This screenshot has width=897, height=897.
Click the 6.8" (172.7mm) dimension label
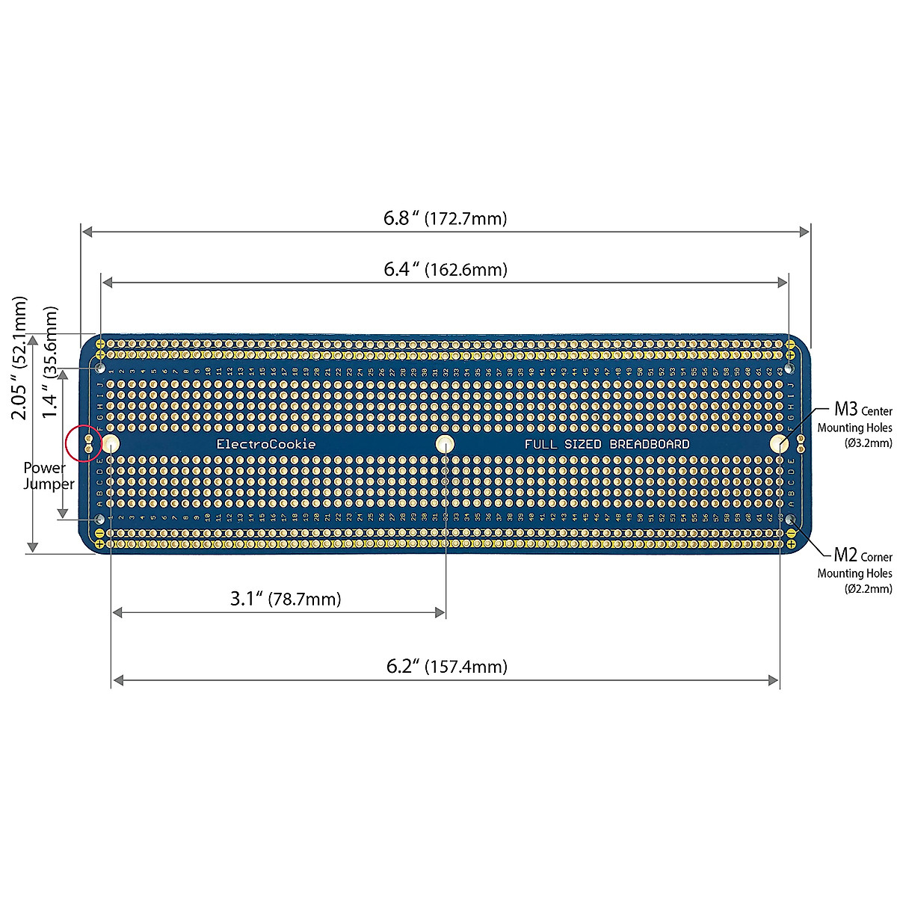click(446, 218)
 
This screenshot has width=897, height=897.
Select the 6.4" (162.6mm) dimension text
click(446, 269)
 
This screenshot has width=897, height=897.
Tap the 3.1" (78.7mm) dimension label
click(286, 599)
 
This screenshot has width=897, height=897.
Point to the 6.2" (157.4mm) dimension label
click(447, 666)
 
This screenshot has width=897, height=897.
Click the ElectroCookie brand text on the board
click(266, 444)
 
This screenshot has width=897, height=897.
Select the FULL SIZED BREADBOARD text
click(607, 444)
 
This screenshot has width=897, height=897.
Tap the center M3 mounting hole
click(445, 443)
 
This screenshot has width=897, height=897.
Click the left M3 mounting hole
click(111, 443)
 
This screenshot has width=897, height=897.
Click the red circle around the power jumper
click(84, 443)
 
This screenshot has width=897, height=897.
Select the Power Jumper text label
click(49, 476)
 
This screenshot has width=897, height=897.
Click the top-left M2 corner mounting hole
click(100, 369)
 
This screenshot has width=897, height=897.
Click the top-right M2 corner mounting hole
click(789, 369)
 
